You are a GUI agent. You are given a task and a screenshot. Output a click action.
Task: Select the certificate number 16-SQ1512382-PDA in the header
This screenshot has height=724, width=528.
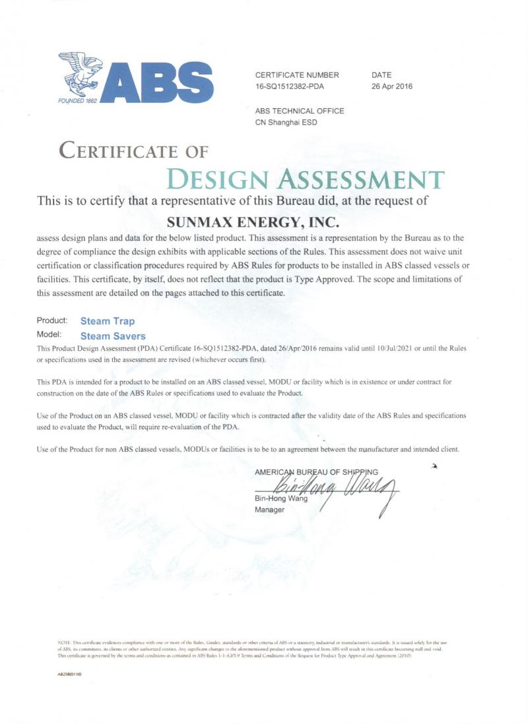click(x=289, y=86)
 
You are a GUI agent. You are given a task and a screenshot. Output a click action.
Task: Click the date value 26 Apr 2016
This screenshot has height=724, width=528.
click(x=392, y=86)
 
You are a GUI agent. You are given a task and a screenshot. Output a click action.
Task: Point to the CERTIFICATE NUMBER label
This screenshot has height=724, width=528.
click(x=297, y=75)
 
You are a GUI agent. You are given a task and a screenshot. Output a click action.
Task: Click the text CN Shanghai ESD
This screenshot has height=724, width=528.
click(x=286, y=122)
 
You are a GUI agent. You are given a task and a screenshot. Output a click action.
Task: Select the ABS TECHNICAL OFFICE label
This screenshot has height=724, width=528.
click(x=299, y=111)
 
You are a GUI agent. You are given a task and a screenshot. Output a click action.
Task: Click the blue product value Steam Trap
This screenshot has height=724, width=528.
click(x=107, y=321)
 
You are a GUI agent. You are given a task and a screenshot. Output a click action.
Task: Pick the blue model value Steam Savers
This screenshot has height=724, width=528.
click(x=113, y=336)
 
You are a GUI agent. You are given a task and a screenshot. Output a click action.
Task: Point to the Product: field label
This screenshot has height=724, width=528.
click(x=53, y=320)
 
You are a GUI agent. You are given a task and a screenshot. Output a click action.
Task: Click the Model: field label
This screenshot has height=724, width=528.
click(x=49, y=334)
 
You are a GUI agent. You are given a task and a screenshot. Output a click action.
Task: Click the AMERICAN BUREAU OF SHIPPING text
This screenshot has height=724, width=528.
click(x=316, y=471)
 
